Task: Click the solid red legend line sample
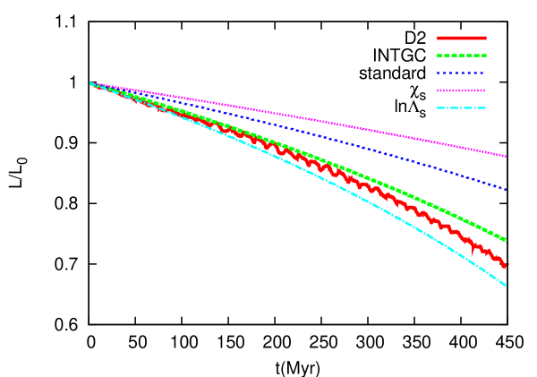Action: point(462,39)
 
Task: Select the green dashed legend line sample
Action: point(462,56)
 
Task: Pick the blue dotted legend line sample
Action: point(462,73)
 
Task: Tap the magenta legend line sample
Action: point(462,90)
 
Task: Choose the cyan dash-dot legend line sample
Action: point(462,108)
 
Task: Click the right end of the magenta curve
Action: point(507,156)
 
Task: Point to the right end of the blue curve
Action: point(507,190)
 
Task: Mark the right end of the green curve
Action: point(507,240)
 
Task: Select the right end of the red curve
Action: point(507,265)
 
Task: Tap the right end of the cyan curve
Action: point(507,285)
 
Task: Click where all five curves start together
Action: point(90,83)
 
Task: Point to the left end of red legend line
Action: point(438,39)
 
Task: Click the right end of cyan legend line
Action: point(486,108)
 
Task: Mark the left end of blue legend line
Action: point(438,73)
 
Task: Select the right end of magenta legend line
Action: point(486,90)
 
